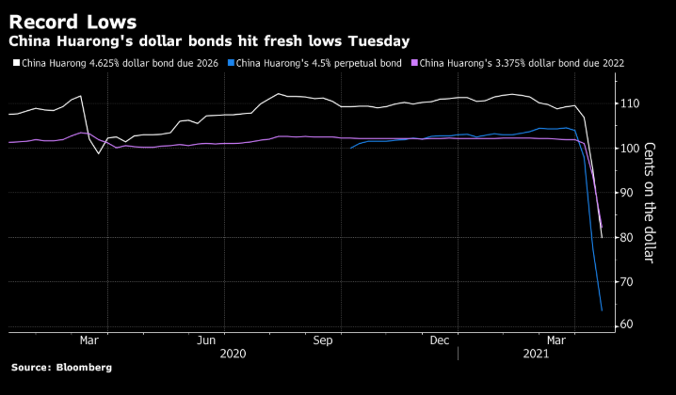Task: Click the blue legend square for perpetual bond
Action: [231, 63]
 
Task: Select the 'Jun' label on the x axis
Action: [207, 340]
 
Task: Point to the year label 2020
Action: [234, 355]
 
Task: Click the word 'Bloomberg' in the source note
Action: [82, 368]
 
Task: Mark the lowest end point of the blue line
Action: [602, 310]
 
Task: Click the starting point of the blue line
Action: [350, 148]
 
